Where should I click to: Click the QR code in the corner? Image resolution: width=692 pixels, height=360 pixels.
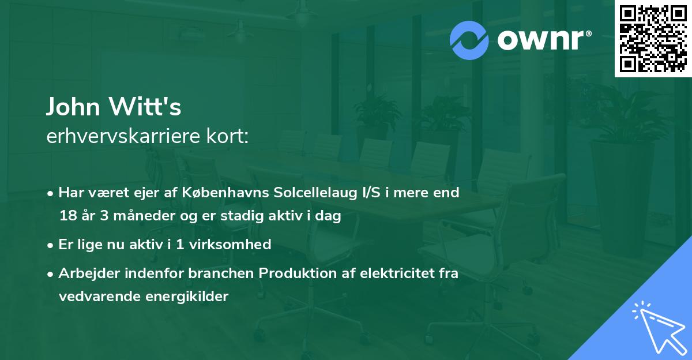pyautogui.click(x=652, y=39)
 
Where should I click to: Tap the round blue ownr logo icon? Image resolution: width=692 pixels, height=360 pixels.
pyautogui.click(x=469, y=40)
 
